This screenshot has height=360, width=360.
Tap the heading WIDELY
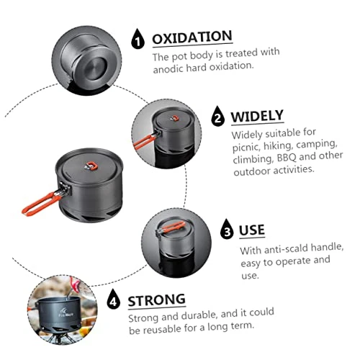257,116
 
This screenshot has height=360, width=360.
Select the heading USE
252,230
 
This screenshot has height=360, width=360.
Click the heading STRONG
157,300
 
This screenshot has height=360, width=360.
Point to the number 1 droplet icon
138,39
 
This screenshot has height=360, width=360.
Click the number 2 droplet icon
217,117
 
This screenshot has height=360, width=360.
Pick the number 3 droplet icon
226,230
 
